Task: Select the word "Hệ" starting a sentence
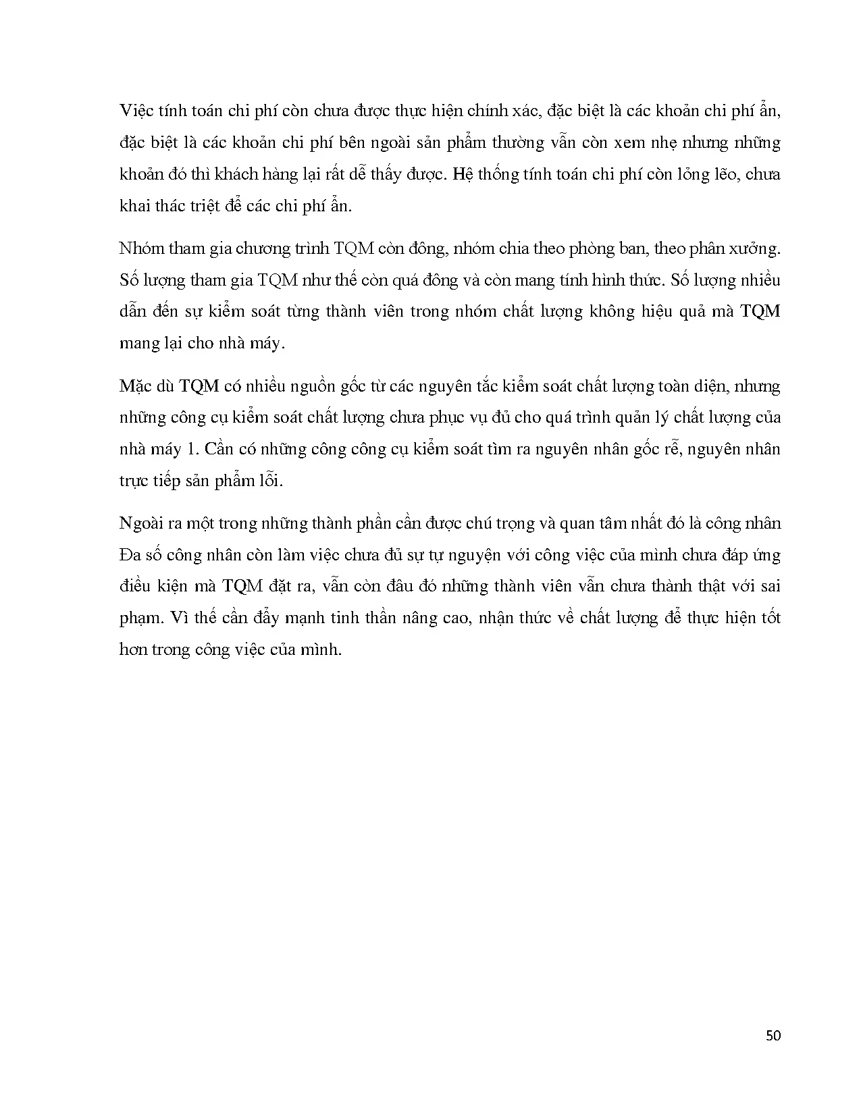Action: click(463, 174)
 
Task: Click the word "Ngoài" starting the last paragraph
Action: click(140, 523)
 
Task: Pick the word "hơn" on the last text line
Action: click(133, 649)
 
